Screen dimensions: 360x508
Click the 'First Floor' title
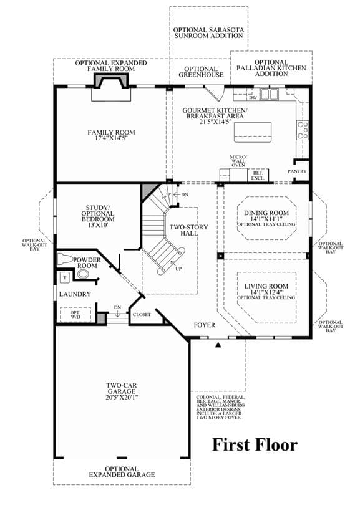255,444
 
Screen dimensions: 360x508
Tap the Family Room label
111,132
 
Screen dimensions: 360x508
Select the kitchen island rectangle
253,132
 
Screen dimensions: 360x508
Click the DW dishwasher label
253,97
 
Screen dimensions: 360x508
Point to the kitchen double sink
270,94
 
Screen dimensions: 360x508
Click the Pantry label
297,171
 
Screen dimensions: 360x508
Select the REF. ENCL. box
258,175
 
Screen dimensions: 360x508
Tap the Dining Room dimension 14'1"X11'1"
266,219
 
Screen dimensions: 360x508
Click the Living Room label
266,286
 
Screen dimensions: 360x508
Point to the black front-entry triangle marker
218,345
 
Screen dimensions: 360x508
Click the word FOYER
204,325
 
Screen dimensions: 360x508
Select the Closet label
142,315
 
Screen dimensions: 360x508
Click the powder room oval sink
83,274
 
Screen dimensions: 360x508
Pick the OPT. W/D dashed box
75,314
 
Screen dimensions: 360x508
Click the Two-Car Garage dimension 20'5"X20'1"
122,397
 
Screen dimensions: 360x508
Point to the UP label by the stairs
178,269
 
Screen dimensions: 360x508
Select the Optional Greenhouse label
201,72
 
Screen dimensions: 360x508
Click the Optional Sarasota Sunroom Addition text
208,33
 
